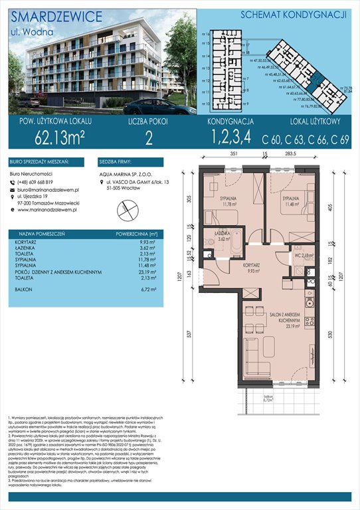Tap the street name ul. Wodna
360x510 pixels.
pyautogui.click(x=27, y=31)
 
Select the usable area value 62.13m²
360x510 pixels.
pyautogui.click(x=45, y=139)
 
